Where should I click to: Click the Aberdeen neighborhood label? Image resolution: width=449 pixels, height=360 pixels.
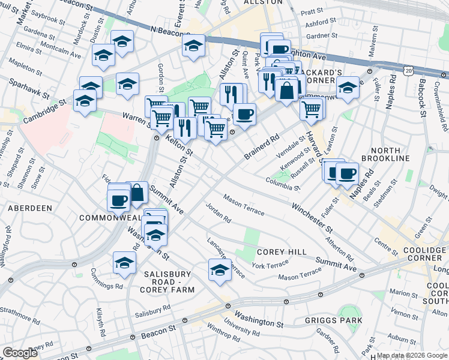click(29, 208)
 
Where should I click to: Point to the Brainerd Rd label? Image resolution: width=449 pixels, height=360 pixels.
click(262, 148)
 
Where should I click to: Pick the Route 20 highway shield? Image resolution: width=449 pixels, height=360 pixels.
click(409, 71)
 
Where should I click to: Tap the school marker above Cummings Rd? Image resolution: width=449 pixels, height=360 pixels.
click(124, 263)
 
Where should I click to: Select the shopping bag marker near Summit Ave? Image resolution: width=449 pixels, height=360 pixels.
click(137, 193)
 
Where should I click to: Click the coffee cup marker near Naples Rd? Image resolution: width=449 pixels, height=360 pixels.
click(347, 173)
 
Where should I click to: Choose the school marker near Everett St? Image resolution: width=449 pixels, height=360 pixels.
click(193, 46)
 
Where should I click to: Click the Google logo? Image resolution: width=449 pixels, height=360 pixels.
click(20, 353)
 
